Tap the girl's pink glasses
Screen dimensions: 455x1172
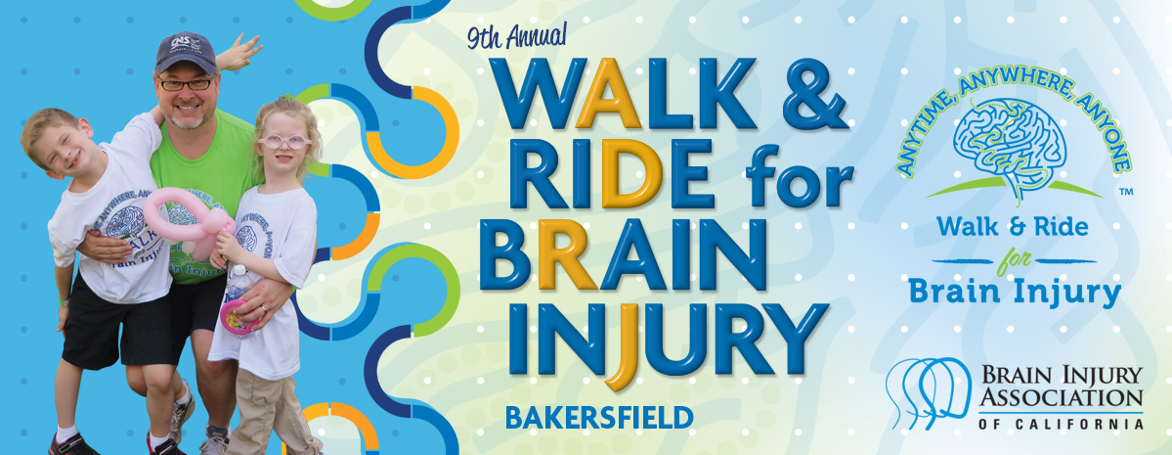(282, 141)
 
